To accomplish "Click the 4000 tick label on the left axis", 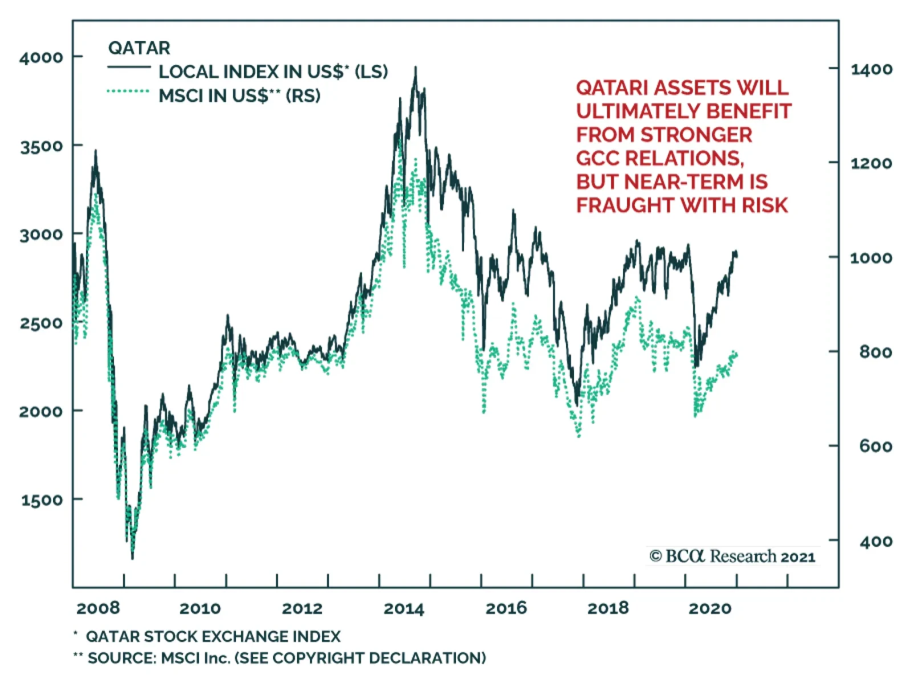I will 41,58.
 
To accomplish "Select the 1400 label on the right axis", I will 871,70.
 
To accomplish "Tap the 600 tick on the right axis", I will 876,446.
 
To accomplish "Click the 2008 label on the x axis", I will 98,608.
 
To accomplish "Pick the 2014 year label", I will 404,609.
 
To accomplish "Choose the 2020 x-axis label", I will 710,609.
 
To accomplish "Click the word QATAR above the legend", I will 139,48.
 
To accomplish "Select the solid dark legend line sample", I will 129,68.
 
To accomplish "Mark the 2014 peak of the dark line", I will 416,68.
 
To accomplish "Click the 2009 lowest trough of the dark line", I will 132,558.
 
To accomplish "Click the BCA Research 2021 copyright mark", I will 732,556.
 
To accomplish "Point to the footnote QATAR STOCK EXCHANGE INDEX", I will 213,636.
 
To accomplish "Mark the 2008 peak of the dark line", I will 95,151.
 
